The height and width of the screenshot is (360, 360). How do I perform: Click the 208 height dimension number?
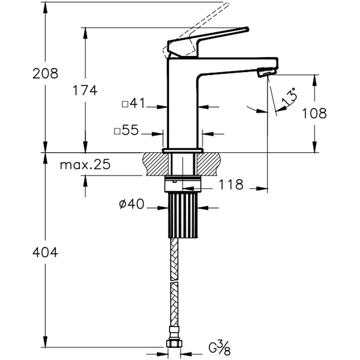pos(45,73)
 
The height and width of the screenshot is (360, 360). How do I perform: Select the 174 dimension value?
pos(85,91)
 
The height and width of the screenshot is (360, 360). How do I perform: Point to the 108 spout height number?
pos(314,113)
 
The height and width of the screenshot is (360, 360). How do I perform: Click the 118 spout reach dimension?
pos(231,185)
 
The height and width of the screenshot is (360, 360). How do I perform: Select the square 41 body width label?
pos(133,104)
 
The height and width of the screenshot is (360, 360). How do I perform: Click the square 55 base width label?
pos(126,131)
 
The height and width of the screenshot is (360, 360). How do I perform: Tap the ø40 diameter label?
pos(131,205)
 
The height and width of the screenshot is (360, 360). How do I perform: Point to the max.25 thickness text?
pos(85,165)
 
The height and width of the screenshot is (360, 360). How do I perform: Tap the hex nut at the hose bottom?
pos(174,343)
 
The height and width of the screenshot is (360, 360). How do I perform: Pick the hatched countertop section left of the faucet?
pos(153,164)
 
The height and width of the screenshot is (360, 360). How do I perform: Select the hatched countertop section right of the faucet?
pos(209,164)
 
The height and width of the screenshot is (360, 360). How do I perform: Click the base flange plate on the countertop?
pos(183,150)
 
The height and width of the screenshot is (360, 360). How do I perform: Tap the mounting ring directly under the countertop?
pos(182,184)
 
